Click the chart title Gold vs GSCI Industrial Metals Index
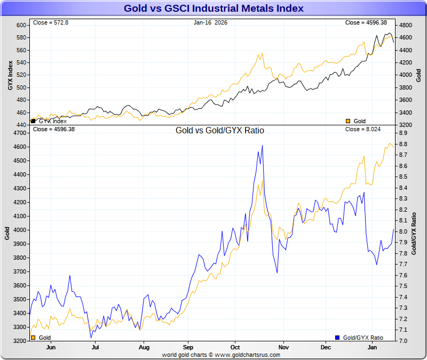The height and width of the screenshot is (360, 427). point(213,9)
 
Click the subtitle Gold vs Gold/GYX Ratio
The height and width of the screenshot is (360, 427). point(220,130)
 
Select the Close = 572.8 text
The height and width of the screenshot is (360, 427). point(48,23)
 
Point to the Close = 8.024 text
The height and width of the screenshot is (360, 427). point(362,129)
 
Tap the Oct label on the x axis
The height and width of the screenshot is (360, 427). point(234,347)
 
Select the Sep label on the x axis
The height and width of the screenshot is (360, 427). point(187,347)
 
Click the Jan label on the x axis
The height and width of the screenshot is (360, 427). point(374,347)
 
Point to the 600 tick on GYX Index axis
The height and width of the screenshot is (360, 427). point(21,26)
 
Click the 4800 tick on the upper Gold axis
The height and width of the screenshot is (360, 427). point(406,26)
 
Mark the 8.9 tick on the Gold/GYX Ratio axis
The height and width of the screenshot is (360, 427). point(403,133)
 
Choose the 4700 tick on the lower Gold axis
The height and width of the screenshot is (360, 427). point(19,133)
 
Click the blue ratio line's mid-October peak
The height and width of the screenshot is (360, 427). point(262,146)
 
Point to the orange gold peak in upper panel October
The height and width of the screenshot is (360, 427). point(261,54)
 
